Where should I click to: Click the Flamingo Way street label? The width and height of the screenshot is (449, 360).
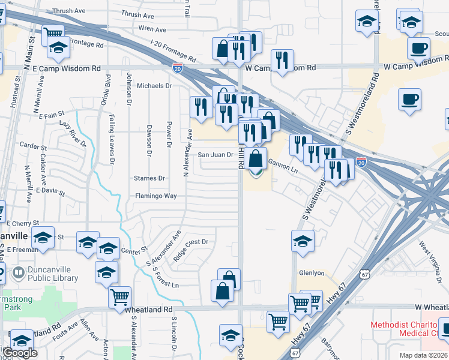[155, 196]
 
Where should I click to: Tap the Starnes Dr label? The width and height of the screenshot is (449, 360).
[149, 178]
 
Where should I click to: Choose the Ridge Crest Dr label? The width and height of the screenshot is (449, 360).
[190, 243]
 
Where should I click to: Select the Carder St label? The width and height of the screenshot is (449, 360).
[33, 146]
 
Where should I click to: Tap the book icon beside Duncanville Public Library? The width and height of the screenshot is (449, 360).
[18, 274]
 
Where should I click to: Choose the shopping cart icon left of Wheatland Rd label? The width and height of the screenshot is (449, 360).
[120, 296]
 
